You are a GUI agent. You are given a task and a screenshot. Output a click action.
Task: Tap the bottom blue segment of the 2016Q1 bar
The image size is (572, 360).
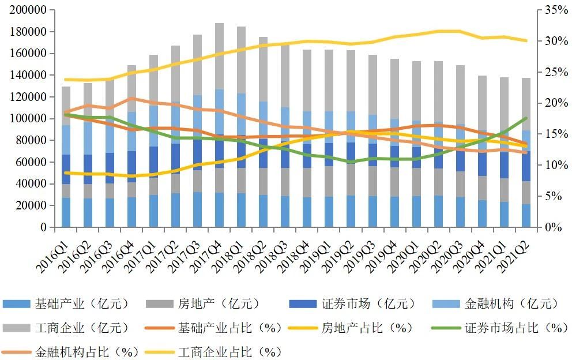[66, 212]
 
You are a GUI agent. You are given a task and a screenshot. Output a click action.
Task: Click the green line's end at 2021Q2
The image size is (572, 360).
[525, 118]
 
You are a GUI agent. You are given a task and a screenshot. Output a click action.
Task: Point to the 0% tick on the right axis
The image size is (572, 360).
[554, 227]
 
